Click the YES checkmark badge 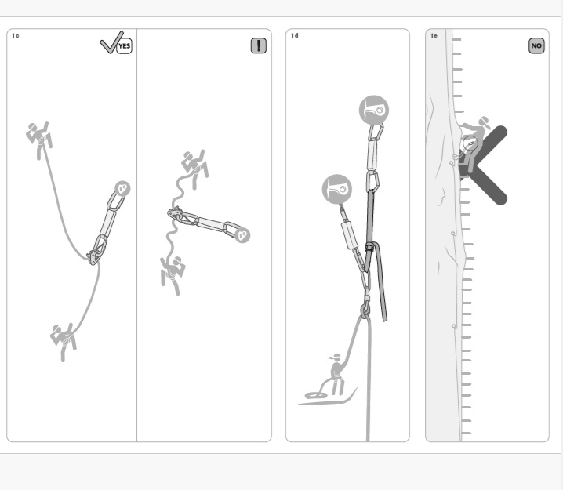pyautogui.click(x=116, y=43)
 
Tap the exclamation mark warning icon pyautogui.click(x=259, y=45)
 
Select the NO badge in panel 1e pyautogui.click(x=536, y=45)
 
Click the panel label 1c pyautogui.click(x=15, y=35)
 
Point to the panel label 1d pyautogui.click(x=294, y=35)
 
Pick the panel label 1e pyautogui.click(x=434, y=35)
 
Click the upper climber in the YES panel pyautogui.click(x=39, y=140)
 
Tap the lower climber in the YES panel pyautogui.click(x=64, y=342)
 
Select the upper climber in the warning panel pyautogui.click(x=195, y=169)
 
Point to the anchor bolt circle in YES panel pyautogui.click(x=122, y=188)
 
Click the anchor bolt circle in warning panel pyautogui.click(x=242, y=235)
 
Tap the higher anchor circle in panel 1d pyautogui.click(x=374, y=111)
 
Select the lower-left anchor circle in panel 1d pyautogui.click(x=337, y=189)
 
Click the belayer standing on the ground pyautogui.click(x=337, y=374)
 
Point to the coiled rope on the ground pyautogui.click(x=315, y=395)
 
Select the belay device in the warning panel pyautogui.click(x=176, y=214)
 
